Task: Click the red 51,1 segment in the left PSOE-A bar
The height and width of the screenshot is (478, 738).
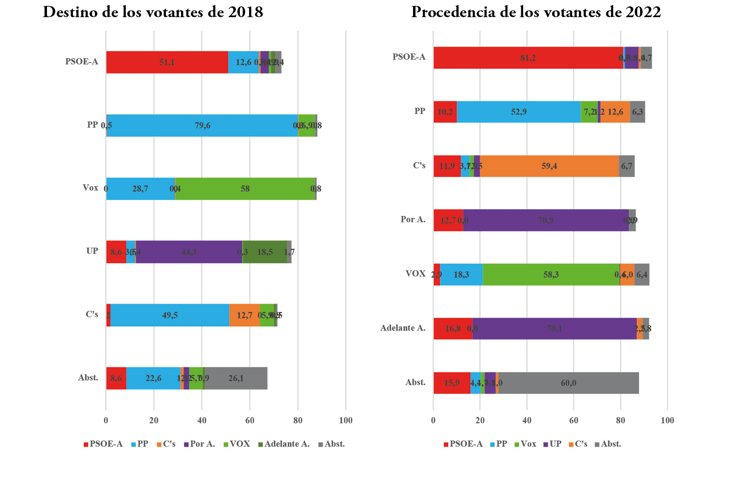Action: pos(167,62)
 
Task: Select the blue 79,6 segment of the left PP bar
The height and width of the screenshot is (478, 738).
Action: pos(202,126)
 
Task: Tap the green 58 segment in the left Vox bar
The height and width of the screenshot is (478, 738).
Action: pos(245,189)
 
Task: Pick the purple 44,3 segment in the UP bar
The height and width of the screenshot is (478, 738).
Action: pos(189,252)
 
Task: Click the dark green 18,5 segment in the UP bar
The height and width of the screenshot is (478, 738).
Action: pos(265,252)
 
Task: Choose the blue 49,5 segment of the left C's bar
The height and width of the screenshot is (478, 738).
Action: pos(170,315)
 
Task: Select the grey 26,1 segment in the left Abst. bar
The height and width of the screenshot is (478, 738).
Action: pos(236,379)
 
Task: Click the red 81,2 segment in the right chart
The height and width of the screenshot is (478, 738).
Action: pos(528,58)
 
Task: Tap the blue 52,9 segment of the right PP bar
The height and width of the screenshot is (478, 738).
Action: pos(519,112)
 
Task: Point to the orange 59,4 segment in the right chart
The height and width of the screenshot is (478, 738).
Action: pos(549,167)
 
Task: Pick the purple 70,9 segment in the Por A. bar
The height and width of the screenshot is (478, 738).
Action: pos(546,220)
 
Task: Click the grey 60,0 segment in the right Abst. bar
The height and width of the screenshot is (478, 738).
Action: pos(568,383)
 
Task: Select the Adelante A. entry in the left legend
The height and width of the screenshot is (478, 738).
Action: pos(287,444)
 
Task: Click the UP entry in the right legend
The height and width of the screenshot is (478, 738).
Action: pos(555,444)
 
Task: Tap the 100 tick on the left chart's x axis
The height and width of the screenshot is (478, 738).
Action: pos(346,420)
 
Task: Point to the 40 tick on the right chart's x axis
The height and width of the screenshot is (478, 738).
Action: pos(527,420)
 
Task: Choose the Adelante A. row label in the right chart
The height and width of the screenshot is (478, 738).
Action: pos(403,328)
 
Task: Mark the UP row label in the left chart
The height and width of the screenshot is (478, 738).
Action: pos(92,251)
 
